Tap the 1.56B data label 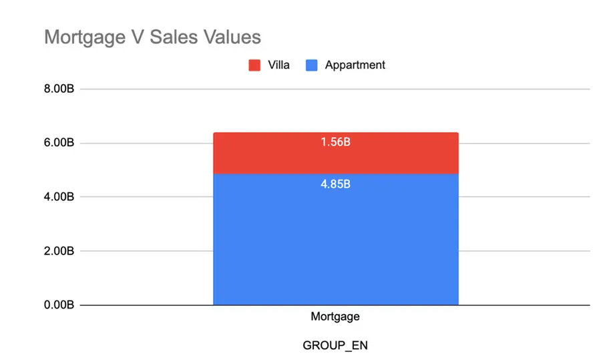(x=335, y=142)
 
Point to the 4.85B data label (x=335, y=183)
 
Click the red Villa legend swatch (x=254, y=65)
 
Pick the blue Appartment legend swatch (x=311, y=65)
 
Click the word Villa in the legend (x=278, y=65)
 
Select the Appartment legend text (x=355, y=65)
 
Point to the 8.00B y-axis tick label (x=59, y=89)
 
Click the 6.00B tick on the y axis (x=59, y=143)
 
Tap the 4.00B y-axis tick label (x=59, y=197)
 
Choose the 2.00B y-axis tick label (x=59, y=251)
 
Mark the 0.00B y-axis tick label (x=59, y=305)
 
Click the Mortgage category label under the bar (x=335, y=317)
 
